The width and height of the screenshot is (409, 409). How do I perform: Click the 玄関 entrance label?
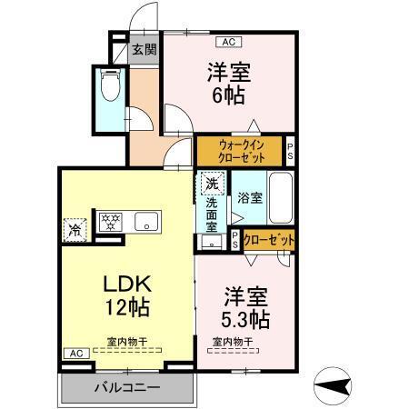145,51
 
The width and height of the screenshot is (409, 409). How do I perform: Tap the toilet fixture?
111,87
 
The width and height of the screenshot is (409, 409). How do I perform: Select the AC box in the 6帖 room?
228,42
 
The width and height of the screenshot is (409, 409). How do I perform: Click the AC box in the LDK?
75,353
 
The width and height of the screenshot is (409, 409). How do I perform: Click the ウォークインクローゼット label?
241,150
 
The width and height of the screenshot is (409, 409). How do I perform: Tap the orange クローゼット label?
268,240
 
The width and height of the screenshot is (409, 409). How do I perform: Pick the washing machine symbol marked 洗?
212,184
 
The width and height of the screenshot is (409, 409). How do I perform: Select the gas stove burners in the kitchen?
109,221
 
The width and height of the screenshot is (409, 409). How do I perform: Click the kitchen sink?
146,221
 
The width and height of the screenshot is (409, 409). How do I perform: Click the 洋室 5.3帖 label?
244,307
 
